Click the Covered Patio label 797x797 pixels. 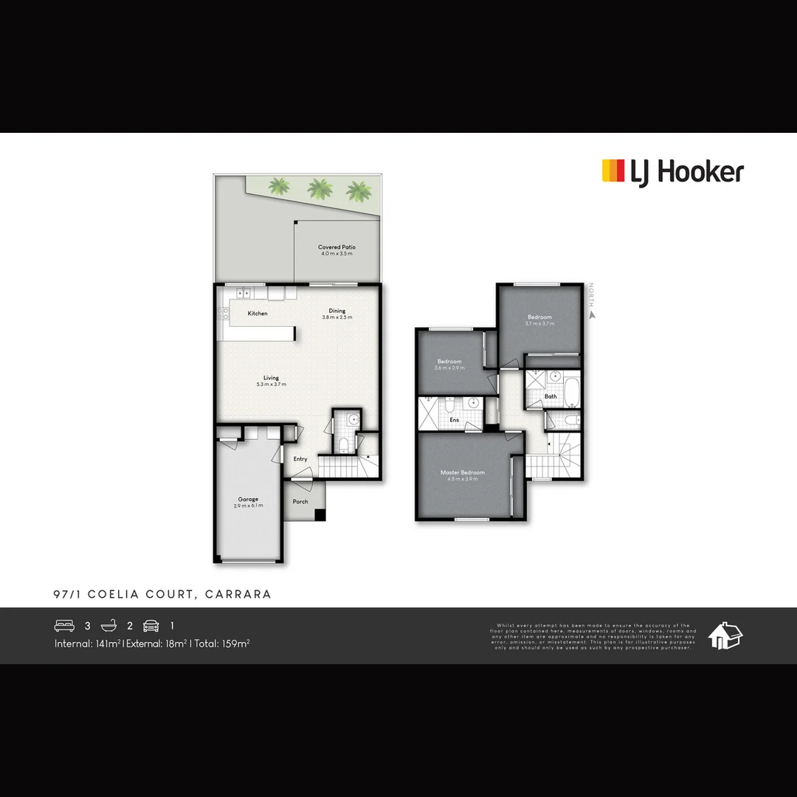click(x=337, y=247)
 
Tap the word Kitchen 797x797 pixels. click(x=258, y=314)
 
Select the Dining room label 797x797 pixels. click(x=337, y=311)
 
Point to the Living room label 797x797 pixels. click(x=272, y=378)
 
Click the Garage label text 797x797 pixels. click(x=248, y=499)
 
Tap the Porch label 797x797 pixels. click(x=300, y=502)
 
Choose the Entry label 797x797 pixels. click(x=300, y=459)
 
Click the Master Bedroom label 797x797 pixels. click(x=463, y=472)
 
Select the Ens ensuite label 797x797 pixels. click(x=455, y=420)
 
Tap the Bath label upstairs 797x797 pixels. click(x=551, y=396)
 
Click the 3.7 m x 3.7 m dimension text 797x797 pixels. click(x=539, y=323)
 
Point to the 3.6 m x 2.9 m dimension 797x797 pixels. click(x=449, y=368)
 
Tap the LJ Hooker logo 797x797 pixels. click(x=672, y=172)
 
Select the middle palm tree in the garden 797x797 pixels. click(x=319, y=190)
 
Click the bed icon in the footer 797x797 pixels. click(x=65, y=626)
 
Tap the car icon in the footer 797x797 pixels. click(x=151, y=626)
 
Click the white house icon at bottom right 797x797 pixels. click(x=725, y=635)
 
